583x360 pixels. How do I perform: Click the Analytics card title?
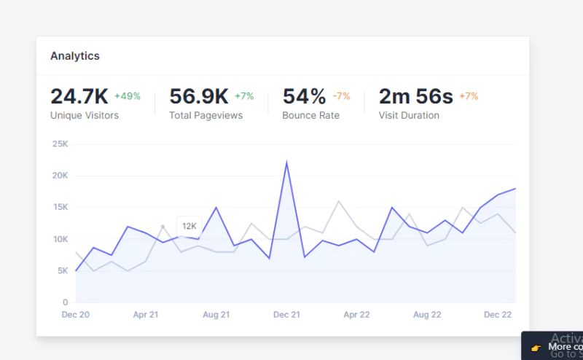pyautogui.click(x=75, y=56)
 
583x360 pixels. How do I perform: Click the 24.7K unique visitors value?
pyautogui.click(x=79, y=96)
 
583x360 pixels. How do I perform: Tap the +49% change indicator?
pyautogui.click(x=128, y=96)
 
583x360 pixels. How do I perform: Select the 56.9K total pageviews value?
pyautogui.click(x=199, y=96)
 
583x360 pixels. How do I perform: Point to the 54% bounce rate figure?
pyautogui.click(x=304, y=96)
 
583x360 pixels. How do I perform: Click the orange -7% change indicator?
pyautogui.click(x=341, y=96)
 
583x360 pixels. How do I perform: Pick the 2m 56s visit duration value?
pyautogui.click(x=415, y=96)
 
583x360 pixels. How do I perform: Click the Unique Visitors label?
pyautogui.click(x=85, y=115)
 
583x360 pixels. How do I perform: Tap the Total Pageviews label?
pyautogui.click(x=206, y=115)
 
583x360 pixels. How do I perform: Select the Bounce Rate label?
pyautogui.click(x=310, y=115)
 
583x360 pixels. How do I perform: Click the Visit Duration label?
pyautogui.click(x=409, y=115)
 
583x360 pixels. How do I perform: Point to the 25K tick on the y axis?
pyautogui.click(x=60, y=144)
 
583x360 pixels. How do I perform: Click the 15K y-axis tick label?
pyautogui.click(x=60, y=207)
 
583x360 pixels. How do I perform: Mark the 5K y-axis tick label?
pyautogui.click(x=63, y=270)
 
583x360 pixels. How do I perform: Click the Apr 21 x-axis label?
pyautogui.click(x=146, y=315)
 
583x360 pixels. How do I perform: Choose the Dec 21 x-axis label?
pyautogui.click(x=286, y=315)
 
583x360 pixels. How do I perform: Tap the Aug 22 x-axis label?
pyautogui.click(x=427, y=315)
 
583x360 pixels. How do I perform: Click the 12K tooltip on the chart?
pyautogui.click(x=189, y=226)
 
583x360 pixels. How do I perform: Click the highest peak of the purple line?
pyautogui.click(x=286, y=162)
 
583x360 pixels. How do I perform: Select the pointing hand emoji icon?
pyautogui.click(x=536, y=348)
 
